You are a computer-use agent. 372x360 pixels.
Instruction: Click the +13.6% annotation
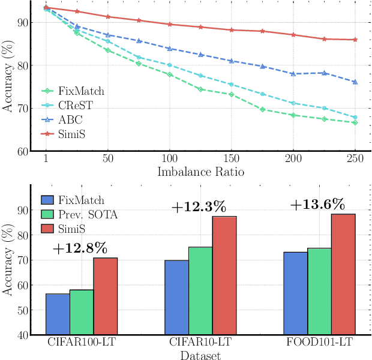click(x=317, y=205)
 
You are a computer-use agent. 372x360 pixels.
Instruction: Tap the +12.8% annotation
click(x=80, y=248)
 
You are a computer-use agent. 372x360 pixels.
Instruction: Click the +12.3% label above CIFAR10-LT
click(x=199, y=208)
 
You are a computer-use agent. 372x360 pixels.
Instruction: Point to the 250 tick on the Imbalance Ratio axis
click(x=355, y=159)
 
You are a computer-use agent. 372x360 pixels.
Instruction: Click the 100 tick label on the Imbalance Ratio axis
click(x=170, y=159)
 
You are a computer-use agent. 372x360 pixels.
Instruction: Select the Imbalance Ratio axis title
click(x=200, y=172)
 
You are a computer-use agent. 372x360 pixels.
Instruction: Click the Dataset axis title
click(x=200, y=356)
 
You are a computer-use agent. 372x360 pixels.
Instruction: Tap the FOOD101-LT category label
click(x=320, y=344)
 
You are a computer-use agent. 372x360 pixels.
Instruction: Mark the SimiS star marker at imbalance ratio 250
click(x=355, y=40)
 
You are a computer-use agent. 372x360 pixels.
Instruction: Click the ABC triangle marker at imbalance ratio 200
click(x=293, y=74)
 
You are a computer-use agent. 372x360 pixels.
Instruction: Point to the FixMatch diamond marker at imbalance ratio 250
click(x=355, y=122)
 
